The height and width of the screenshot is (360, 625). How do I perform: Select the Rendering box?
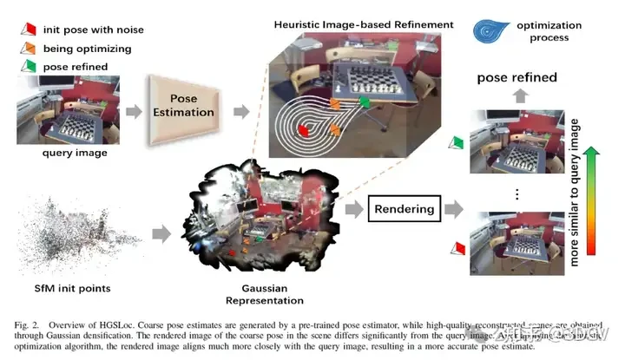(x=402, y=208)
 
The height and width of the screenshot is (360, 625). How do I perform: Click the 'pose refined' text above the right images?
(x=517, y=78)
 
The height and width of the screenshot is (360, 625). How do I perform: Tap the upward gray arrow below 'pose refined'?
(x=517, y=97)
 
